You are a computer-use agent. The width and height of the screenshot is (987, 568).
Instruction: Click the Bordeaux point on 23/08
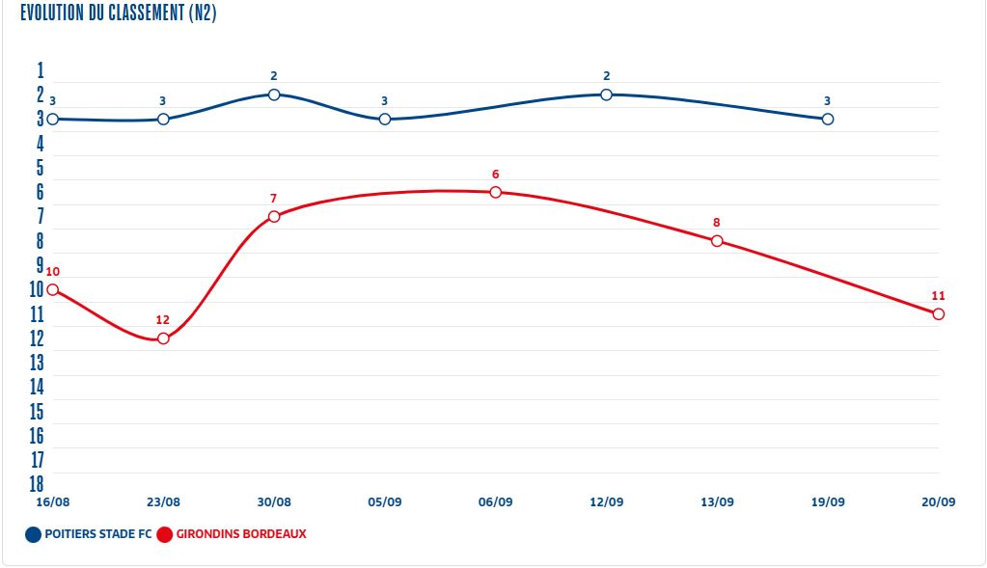point(163,338)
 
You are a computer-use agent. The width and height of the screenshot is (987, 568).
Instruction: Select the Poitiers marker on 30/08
point(274,95)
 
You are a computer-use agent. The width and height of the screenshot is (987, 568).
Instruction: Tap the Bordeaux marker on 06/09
point(496,192)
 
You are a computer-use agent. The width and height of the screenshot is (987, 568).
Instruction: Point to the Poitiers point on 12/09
point(607,95)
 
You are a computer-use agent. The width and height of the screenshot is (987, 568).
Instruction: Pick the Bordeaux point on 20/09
point(939,314)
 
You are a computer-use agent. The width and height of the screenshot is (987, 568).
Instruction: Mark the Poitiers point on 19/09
point(828,119)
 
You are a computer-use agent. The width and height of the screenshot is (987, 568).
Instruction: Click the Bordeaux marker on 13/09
point(717,241)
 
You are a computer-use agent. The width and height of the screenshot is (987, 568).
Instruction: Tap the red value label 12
point(163,320)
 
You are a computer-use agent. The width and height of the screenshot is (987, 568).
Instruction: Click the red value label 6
point(496,175)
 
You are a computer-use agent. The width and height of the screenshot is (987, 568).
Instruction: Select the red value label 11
point(939,296)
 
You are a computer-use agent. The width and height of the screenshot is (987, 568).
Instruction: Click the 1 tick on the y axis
point(41,70)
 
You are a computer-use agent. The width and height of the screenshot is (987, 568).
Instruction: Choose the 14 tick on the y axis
point(38,387)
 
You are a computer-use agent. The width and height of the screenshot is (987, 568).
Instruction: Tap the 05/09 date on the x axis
point(385,502)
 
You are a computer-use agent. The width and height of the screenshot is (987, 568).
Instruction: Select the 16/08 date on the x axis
point(52,502)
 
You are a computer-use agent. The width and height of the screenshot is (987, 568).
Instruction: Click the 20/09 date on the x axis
point(939,502)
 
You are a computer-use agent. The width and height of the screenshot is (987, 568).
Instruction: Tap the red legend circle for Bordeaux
point(164,534)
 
